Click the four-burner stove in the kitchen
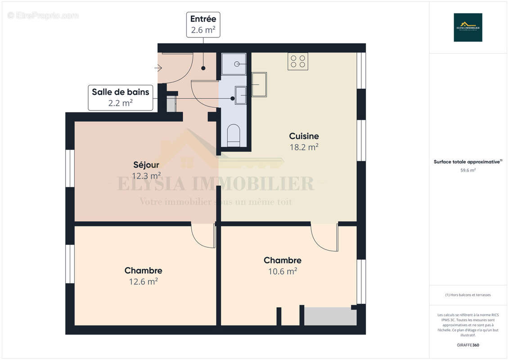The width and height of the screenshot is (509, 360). point(297,61)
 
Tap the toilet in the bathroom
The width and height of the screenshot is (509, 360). point(234,135)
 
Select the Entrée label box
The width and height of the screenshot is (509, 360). point(203,25)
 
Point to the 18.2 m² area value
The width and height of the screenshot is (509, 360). point(304,147)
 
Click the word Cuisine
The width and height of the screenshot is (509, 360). point(304,136)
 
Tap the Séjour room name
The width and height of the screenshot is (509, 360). point(146,165)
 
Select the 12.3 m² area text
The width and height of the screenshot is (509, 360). point(146,175)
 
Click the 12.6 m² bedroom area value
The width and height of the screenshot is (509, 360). point(143,282)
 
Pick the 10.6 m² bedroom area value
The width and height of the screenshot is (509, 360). point(282,271)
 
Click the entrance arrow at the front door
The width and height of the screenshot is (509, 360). point(158,68)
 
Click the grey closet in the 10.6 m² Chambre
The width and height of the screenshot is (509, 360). point(330,316)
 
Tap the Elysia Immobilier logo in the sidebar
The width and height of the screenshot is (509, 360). point(468,27)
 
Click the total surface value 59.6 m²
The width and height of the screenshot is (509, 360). point(468,171)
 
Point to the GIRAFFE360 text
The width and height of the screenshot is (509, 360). point(468,345)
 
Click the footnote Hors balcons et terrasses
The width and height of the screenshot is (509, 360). point(468,295)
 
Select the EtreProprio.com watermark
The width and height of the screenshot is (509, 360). point(43,15)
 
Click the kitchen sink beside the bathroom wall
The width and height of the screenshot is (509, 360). point(259,84)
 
